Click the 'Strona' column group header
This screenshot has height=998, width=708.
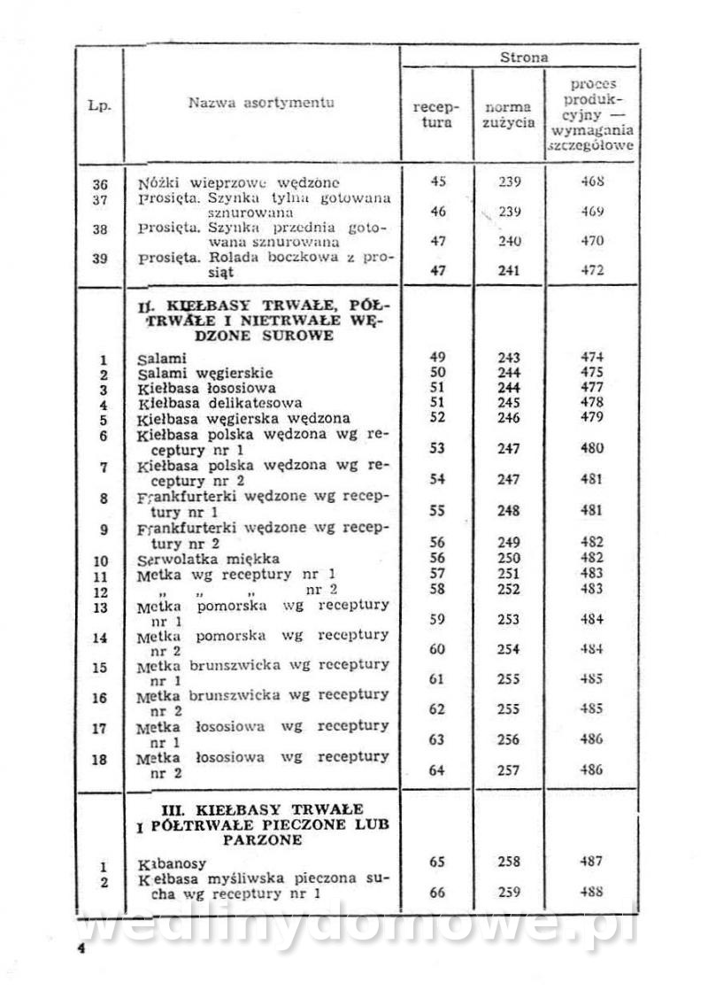(x=524, y=58)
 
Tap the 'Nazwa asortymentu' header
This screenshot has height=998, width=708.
(x=261, y=104)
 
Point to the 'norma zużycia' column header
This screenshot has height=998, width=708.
(x=508, y=114)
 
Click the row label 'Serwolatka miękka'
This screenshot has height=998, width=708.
(x=209, y=559)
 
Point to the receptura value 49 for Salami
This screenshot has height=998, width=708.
(x=436, y=357)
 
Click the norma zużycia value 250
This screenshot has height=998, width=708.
(x=509, y=558)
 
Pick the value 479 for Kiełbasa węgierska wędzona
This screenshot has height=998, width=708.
(x=592, y=418)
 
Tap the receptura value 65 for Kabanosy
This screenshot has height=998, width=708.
(x=436, y=861)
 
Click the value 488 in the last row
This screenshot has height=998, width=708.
(x=592, y=893)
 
